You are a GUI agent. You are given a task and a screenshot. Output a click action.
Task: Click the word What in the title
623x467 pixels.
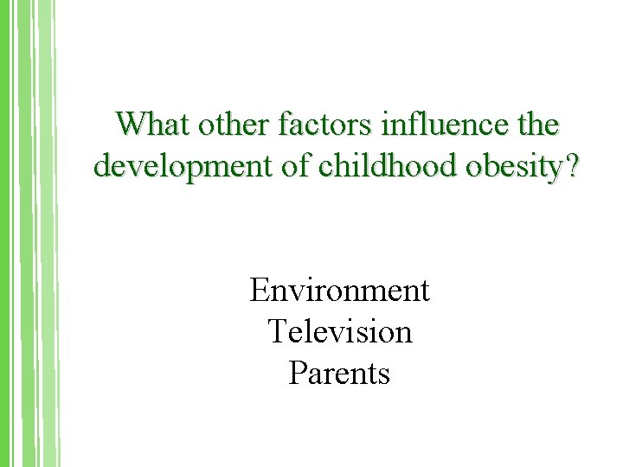(153, 125)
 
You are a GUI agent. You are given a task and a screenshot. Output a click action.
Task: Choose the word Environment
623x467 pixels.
(339, 291)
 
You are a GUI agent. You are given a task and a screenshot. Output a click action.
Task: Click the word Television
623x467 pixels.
(339, 331)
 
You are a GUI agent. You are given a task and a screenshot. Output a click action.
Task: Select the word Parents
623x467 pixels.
(339, 373)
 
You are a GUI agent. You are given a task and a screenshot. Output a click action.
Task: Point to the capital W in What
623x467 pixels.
(131, 125)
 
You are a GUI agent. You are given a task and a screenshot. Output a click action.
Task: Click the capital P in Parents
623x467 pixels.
(297, 373)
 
